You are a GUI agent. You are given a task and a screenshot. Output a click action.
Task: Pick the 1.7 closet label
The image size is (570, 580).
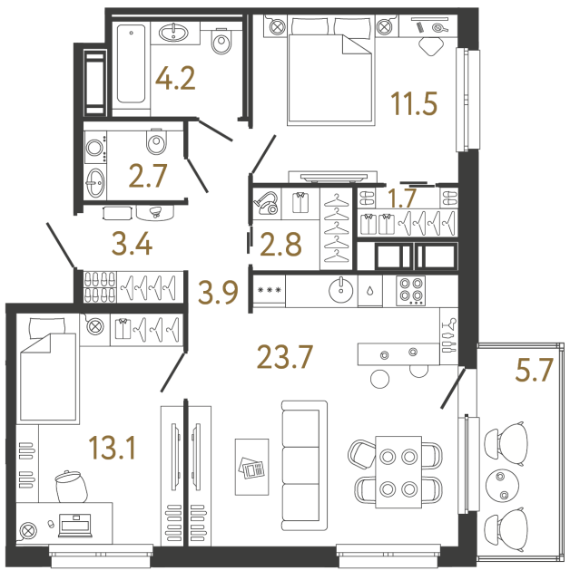(x=404, y=196)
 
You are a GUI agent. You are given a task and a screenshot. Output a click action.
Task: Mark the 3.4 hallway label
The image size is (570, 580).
(x=131, y=243)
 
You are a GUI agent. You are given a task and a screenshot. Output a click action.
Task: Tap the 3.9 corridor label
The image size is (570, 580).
(x=218, y=292)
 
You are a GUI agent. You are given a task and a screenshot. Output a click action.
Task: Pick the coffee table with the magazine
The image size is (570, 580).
(x=251, y=467)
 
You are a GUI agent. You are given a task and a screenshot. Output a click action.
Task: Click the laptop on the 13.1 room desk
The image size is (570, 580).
(x=74, y=521)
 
